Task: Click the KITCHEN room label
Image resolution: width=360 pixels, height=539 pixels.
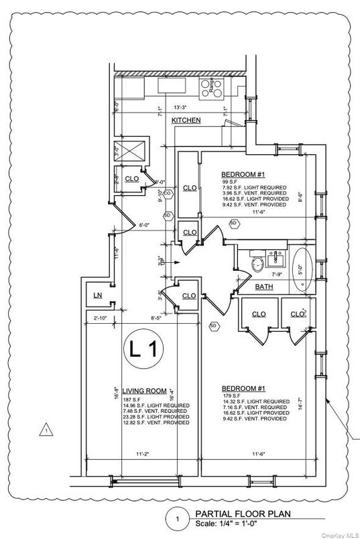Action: coord(186,120)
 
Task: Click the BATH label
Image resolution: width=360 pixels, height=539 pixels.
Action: coord(263,287)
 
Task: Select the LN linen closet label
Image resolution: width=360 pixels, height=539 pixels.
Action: coord(97,296)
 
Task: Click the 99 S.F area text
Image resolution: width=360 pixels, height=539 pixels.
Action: coord(230,182)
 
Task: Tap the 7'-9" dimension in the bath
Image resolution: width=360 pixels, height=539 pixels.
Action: coord(276,275)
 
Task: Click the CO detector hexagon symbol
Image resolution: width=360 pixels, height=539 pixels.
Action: coord(168,194)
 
